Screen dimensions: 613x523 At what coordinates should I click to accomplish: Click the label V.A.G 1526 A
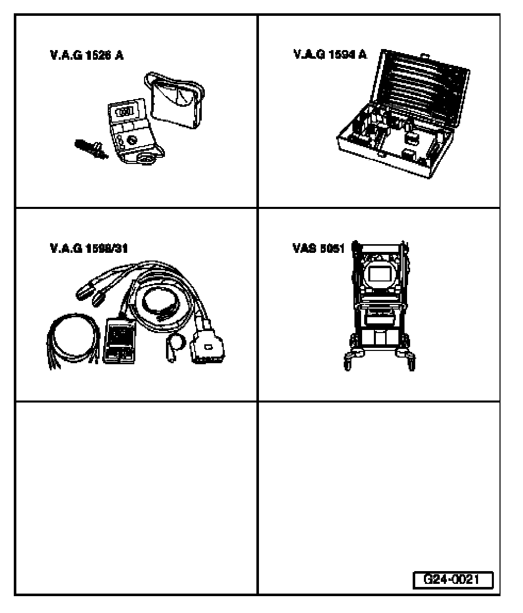pos(86,55)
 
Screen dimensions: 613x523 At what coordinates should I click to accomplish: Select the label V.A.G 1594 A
pos(329,55)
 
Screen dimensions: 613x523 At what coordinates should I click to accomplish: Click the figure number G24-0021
pos(453,580)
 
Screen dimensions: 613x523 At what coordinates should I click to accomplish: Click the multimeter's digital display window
pos(123,111)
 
